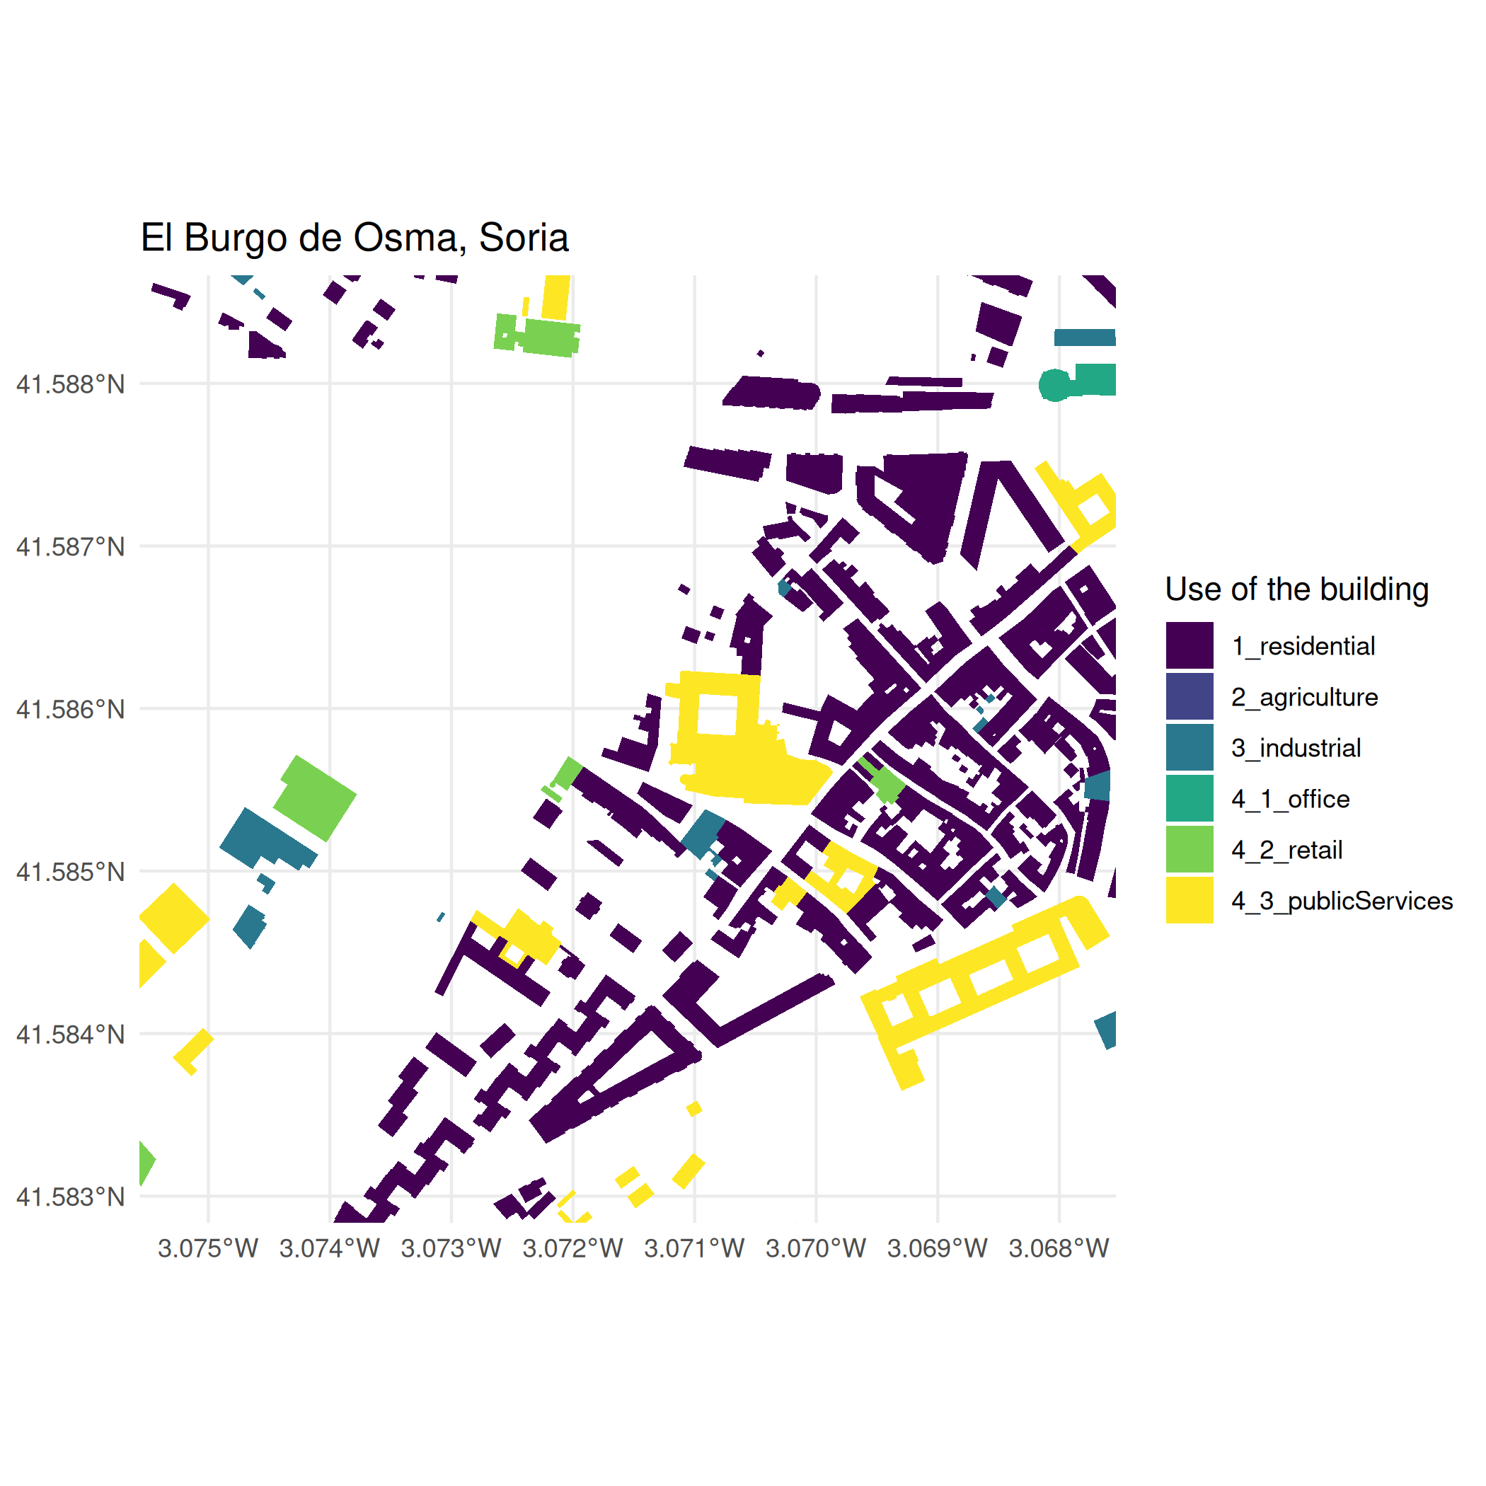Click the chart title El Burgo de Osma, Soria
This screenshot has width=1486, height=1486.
pyautogui.click(x=354, y=238)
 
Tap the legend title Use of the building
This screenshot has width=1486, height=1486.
pyautogui.click(x=1296, y=589)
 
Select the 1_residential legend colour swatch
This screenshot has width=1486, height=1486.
pyautogui.click(x=1189, y=645)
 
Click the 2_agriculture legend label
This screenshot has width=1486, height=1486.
pyautogui.click(x=1303, y=697)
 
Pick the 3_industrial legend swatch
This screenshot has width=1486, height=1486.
pyautogui.click(x=1189, y=748)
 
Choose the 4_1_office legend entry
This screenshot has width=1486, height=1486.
pyautogui.click(x=1290, y=799)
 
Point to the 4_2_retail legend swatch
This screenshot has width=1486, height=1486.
pyautogui.click(x=1189, y=850)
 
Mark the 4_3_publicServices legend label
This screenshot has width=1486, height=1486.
pyautogui.click(x=1342, y=901)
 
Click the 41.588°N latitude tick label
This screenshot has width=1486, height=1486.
pyautogui.click(x=71, y=384)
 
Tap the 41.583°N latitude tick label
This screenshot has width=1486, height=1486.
pyautogui.click(x=71, y=1197)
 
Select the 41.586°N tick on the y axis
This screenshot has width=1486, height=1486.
pyautogui.click(x=71, y=709)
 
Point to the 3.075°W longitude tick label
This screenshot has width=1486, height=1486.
pyautogui.click(x=207, y=1248)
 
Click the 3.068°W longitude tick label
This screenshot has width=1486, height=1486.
pyautogui.click(x=1059, y=1248)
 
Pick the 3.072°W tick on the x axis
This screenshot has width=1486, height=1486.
pyautogui.click(x=572, y=1248)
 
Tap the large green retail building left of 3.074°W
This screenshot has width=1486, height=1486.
pyautogui.click(x=316, y=797)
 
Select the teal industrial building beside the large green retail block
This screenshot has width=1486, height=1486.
pyautogui.click(x=265, y=839)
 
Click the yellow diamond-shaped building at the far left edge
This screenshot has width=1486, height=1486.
pyautogui.click(x=175, y=918)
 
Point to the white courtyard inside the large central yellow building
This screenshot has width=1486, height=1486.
pyautogui.click(x=717, y=714)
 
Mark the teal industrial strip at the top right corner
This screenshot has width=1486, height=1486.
pyautogui.click(x=1084, y=338)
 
